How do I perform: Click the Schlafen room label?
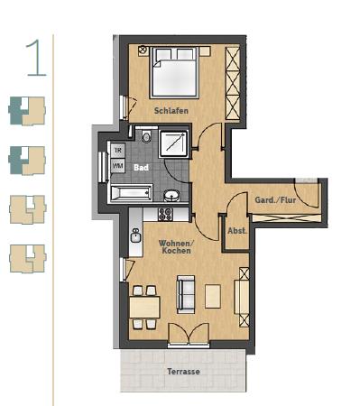(x=171, y=110)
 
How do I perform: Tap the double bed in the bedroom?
(x=175, y=72)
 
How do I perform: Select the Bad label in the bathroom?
(x=142, y=167)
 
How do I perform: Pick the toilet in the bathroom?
(x=147, y=137)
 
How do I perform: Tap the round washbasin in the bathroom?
(x=172, y=193)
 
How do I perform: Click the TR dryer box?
(x=118, y=151)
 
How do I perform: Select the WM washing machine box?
(x=118, y=167)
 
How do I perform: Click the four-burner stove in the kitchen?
(x=165, y=215)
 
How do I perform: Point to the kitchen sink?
(x=136, y=235)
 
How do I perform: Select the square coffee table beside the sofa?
(x=213, y=296)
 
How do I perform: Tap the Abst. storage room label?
(x=237, y=231)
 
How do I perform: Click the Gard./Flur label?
(x=275, y=199)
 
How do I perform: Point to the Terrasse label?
(x=183, y=371)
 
